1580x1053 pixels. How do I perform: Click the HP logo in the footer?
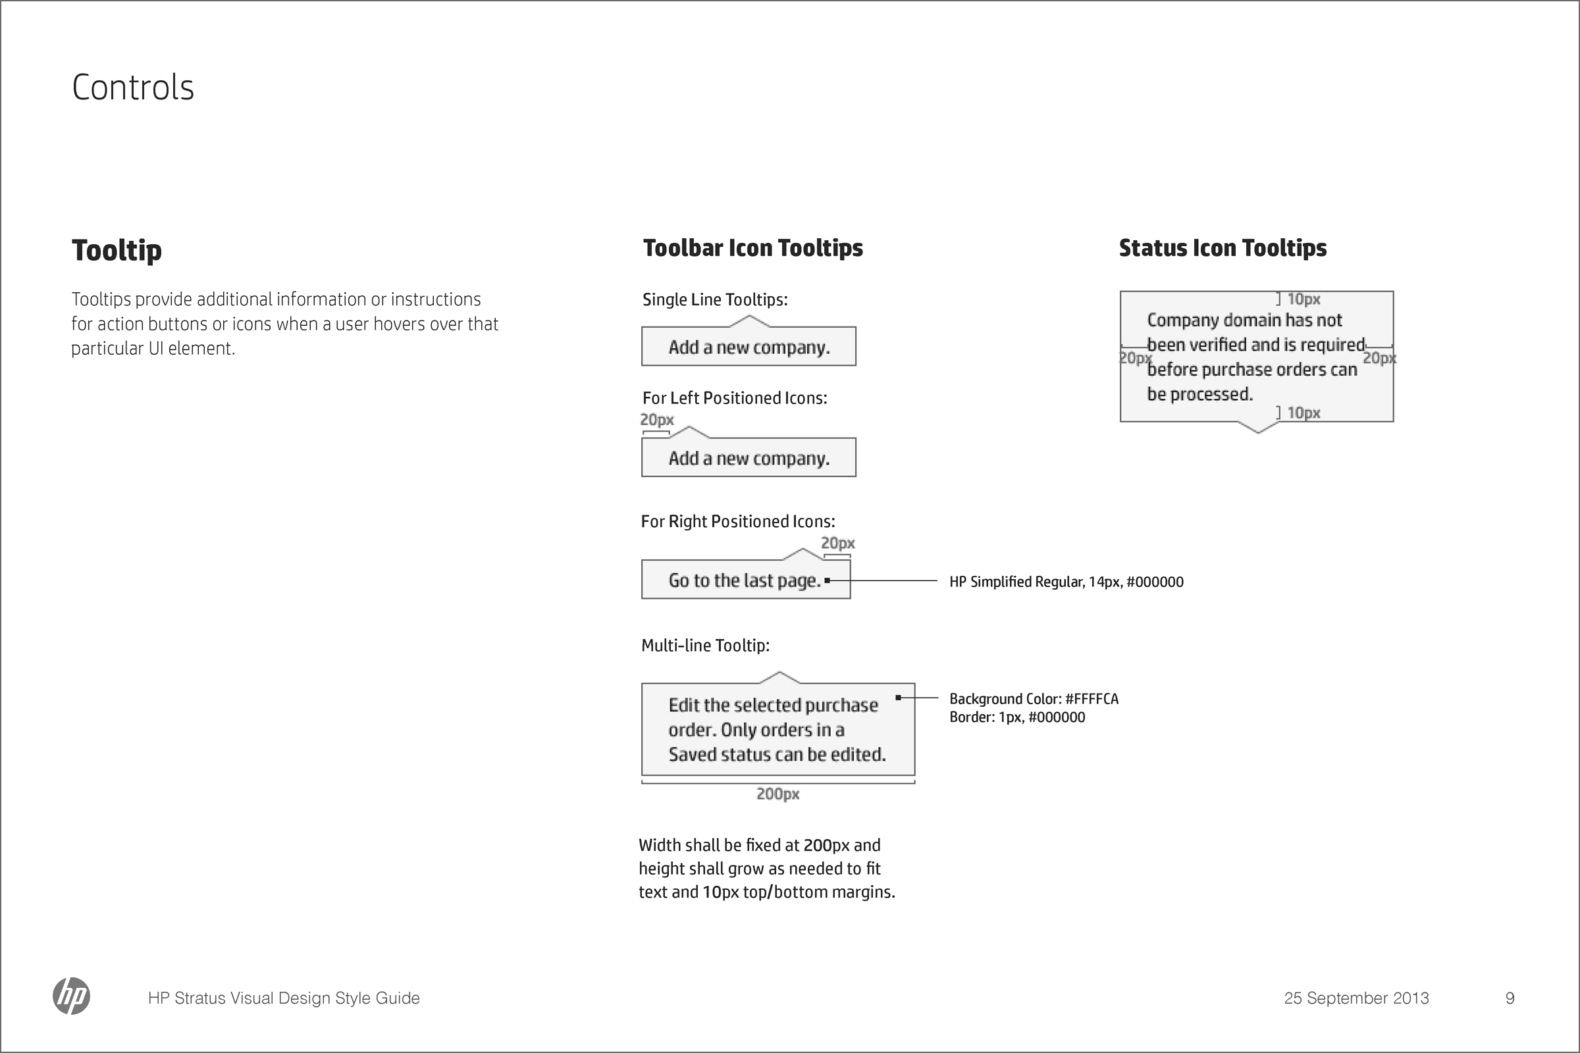[71, 996]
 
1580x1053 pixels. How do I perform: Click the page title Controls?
[133, 88]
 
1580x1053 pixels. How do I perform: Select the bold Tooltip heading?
[117, 251]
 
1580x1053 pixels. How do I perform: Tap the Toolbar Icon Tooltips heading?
[752, 248]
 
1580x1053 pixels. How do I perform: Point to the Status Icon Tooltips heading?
[1223, 248]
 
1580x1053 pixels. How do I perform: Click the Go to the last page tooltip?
[745, 580]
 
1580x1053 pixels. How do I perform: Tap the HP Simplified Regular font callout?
[1066, 582]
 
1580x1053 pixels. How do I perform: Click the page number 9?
[1510, 998]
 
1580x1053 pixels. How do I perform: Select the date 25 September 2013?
[1356, 998]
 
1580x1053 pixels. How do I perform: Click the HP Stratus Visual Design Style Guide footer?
[284, 998]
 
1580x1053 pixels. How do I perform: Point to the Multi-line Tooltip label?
[704, 646]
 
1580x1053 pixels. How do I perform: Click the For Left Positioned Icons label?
[734, 398]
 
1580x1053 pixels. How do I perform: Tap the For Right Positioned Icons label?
[737, 522]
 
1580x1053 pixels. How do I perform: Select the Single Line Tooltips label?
[715, 299]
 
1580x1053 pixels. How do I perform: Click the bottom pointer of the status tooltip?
[1257, 428]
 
